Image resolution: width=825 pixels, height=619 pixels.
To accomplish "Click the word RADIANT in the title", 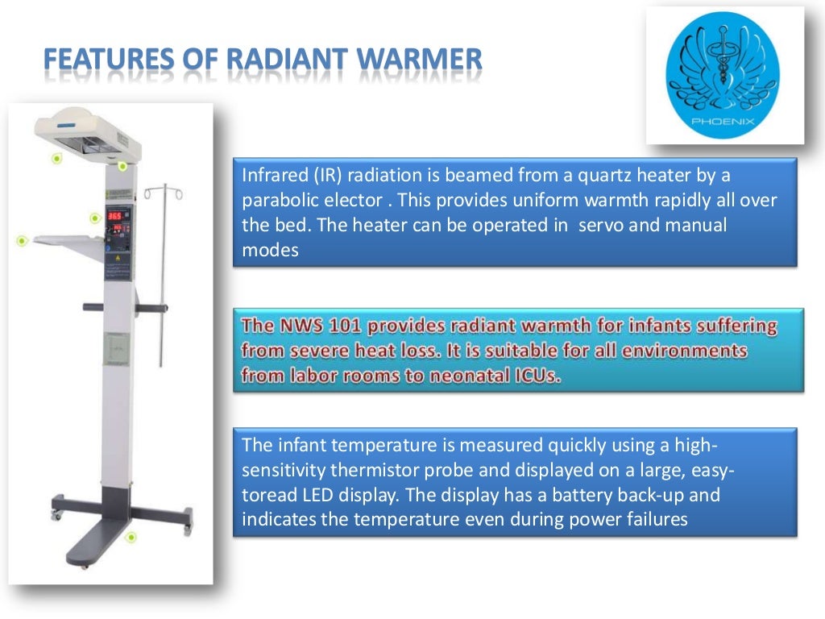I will (283, 60).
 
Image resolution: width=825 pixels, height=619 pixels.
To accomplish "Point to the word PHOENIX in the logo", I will (722, 123).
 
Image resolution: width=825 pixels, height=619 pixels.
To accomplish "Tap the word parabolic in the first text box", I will (278, 200).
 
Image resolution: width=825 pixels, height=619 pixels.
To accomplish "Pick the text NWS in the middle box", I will (304, 326).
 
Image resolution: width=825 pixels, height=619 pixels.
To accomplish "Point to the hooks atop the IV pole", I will (163, 193).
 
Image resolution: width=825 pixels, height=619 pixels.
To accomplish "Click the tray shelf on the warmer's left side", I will (68, 241).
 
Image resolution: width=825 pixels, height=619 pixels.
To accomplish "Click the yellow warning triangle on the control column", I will (116, 259).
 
